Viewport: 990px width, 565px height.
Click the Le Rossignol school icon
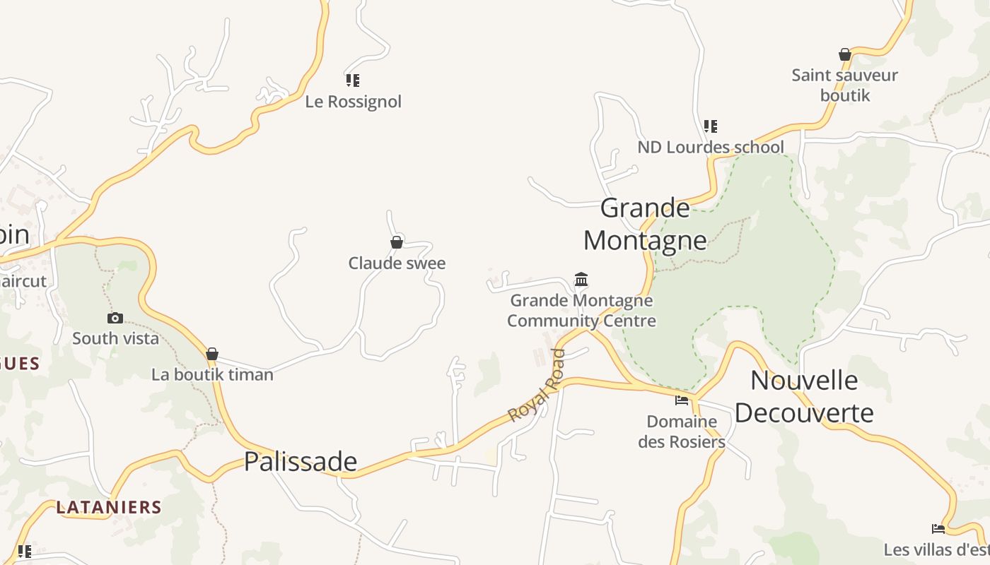pos(353,80)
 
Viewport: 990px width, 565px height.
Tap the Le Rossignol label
pos(353,102)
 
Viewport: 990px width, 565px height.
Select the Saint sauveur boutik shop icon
pos(844,54)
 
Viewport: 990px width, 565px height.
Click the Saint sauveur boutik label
pos(844,85)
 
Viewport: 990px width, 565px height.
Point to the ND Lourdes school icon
pos(711,126)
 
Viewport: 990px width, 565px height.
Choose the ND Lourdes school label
pos(711,147)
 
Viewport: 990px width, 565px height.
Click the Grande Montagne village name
pos(645,224)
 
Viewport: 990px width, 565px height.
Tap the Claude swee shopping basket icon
pos(397,242)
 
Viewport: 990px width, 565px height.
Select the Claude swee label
pos(397,263)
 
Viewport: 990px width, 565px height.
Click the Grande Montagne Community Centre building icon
pos(581,279)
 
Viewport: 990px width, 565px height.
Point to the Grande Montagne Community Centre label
pos(581,311)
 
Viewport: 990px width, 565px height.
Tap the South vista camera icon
pos(115,318)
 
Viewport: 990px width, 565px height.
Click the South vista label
pos(115,338)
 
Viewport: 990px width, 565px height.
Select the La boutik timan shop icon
pos(212,354)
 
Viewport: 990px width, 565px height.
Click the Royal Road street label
pos(537,386)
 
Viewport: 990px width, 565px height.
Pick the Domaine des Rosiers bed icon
pos(682,400)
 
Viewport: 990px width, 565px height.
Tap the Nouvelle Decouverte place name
pos(804,396)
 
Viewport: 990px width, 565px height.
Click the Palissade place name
pos(301,461)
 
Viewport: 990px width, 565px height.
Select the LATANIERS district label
pos(109,507)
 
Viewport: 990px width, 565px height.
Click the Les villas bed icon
pos(938,528)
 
